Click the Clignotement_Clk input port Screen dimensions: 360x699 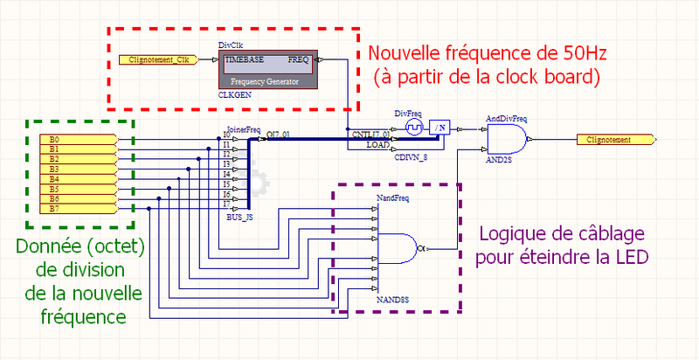[157, 59]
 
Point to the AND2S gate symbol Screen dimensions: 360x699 [506, 139]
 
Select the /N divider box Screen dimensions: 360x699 [440, 128]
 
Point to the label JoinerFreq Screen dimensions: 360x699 [243, 129]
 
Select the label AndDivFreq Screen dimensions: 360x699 [505, 117]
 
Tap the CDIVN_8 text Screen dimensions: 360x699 [412, 158]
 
